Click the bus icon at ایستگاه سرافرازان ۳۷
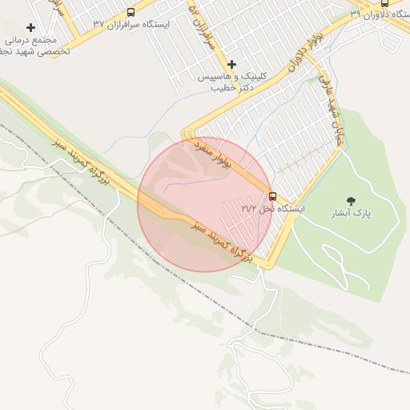click(x=131, y=12)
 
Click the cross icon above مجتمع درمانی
click(x=30, y=27)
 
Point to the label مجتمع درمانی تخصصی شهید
click(x=36, y=45)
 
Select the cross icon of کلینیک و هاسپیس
click(x=232, y=64)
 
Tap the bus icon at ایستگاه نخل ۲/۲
click(x=272, y=195)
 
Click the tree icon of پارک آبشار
click(x=351, y=200)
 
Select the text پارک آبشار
click(x=352, y=214)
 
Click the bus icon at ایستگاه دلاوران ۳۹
click(x=384, y=3)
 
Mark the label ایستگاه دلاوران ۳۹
click(x=380, y=14)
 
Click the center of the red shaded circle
click(x=204, y=204)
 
